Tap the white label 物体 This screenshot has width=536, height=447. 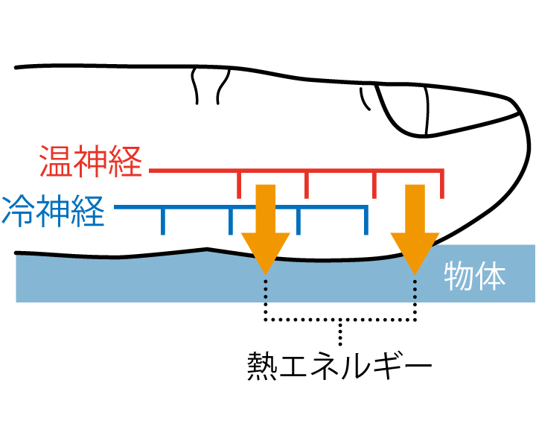coord(474,276)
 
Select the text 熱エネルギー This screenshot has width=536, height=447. coord(339,366)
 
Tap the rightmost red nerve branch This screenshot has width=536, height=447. coord(443,184)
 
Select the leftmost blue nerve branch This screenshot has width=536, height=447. coord(164,220)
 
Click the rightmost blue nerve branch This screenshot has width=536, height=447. coord(366,220)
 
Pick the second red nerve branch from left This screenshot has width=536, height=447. coord(306,184)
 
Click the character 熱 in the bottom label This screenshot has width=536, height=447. coord(262,366)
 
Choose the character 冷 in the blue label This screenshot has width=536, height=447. coord(18,210)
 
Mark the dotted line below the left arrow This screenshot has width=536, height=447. coord(266,298)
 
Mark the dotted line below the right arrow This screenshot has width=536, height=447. coord(415,298)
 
